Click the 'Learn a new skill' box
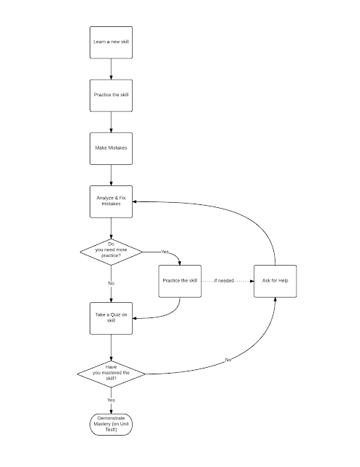pyautogui.click(x=111, y=42)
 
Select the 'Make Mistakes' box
pyautogui.click(x=111, y=148)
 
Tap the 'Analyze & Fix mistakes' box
pyautogui.click(x=111, y=201)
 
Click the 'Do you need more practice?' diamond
pyautogui.click(x=111, y=252)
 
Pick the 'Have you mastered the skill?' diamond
pyautogui.click(x=111, y=374)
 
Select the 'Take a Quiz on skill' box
pyautogui.click(x=111, y=318)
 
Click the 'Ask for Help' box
pyautogui.click(x=275, y=281)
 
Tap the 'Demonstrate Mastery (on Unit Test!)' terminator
pyautogui.click(x=111, y=425)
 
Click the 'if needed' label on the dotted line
pyautogui.click(x=224, y=280)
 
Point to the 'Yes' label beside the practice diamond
pyautogui.click(x=165, y=252)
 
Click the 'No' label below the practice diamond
pyautogui.click(x=111, y=283)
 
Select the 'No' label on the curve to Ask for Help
pyautogui.click(x=228, y=360)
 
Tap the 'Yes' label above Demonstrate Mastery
pyautogui.click(x=111, y=400)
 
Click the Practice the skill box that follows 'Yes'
pyautogui.click(x=180, y=281)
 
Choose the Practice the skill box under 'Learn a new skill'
pyautogui.click(x=111, y=96)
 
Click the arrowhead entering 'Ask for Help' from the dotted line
pyautogui.click(x=252, y=281)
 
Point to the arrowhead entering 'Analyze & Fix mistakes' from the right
pyautogui.click(x=135, y=201)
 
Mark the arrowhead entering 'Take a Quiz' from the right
pyautogui.click(x=135, y=318)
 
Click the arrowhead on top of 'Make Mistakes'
pyautogui.click(x=111, y=131)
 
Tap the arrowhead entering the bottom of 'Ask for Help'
pyautogui.click(x=275, y=300)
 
